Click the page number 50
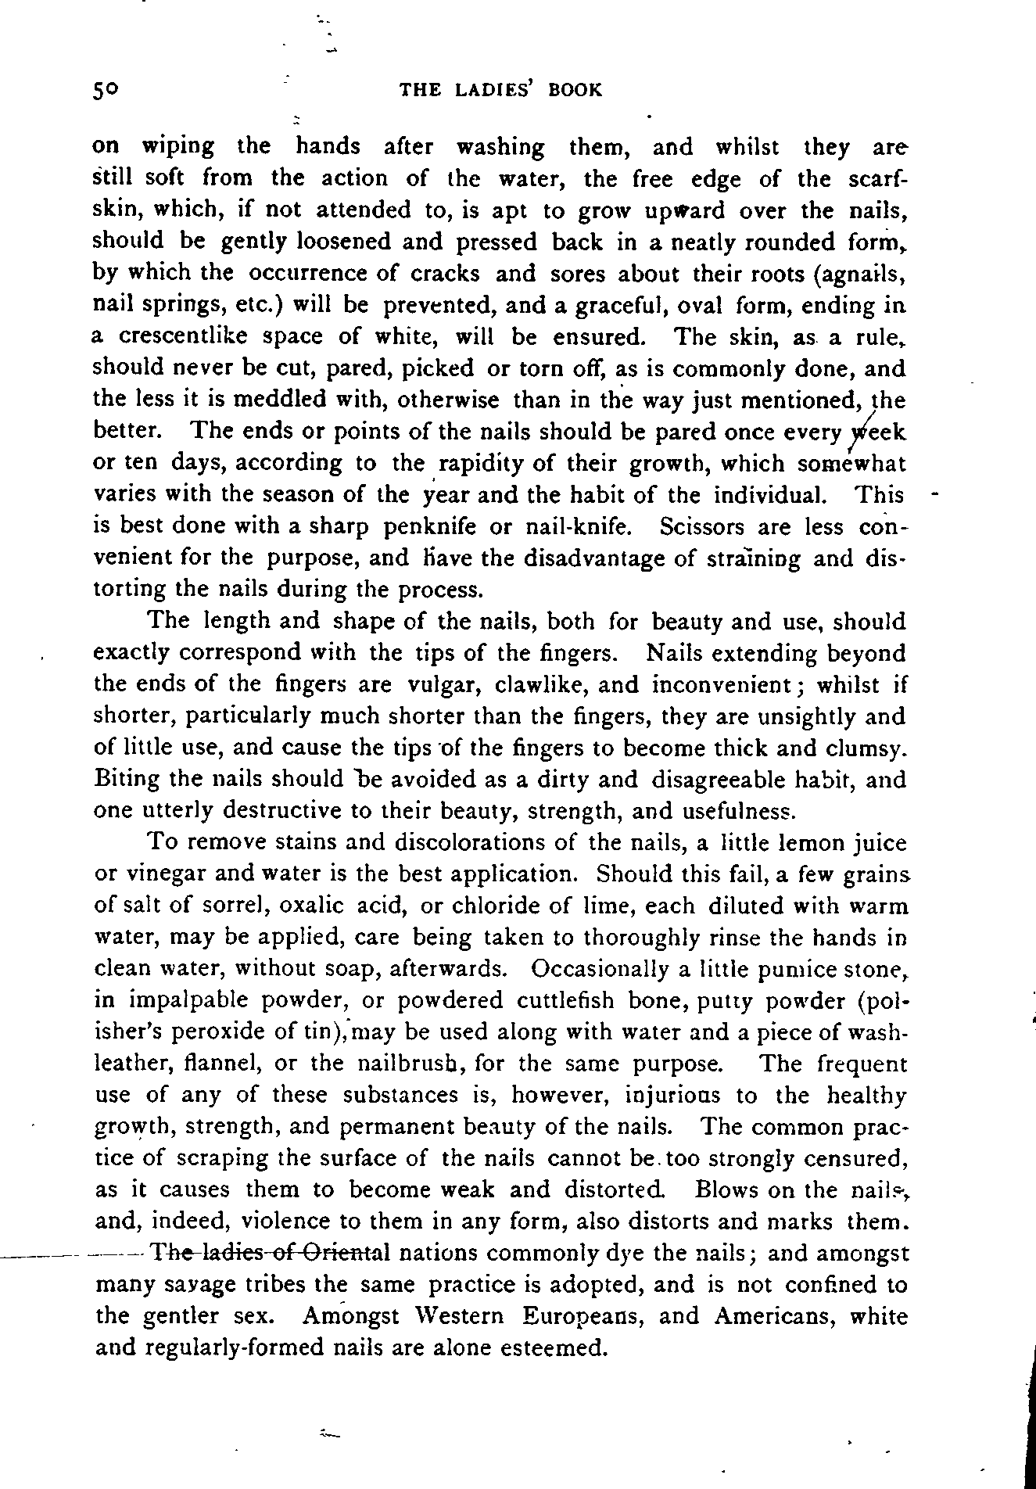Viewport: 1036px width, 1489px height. [x=105, y=90]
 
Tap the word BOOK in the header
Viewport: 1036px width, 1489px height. [x=575, y=90]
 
